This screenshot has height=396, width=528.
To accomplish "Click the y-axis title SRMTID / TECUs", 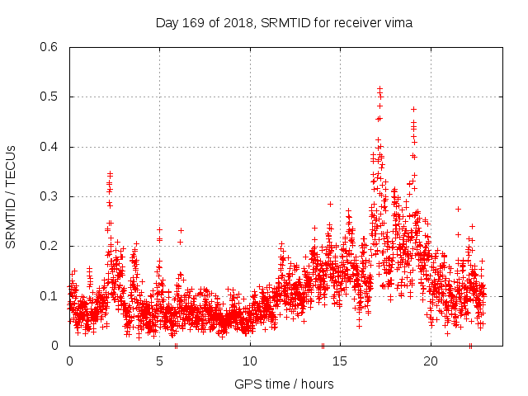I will (11, 196).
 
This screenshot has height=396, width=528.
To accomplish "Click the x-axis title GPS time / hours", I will (284, 384).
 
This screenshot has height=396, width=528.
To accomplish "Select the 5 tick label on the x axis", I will (159, 361).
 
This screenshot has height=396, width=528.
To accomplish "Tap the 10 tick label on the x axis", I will (250, 361).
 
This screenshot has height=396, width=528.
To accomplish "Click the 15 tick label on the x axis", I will (340, 361).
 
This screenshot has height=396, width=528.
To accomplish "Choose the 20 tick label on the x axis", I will (431, 361).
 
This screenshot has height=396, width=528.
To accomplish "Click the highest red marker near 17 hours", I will (379, 88).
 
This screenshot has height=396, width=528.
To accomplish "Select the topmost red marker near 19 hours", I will (413, 109).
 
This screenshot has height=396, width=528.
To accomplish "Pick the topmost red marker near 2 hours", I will (110, 174).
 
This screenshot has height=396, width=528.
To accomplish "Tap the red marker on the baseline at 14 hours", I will (323, 345).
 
